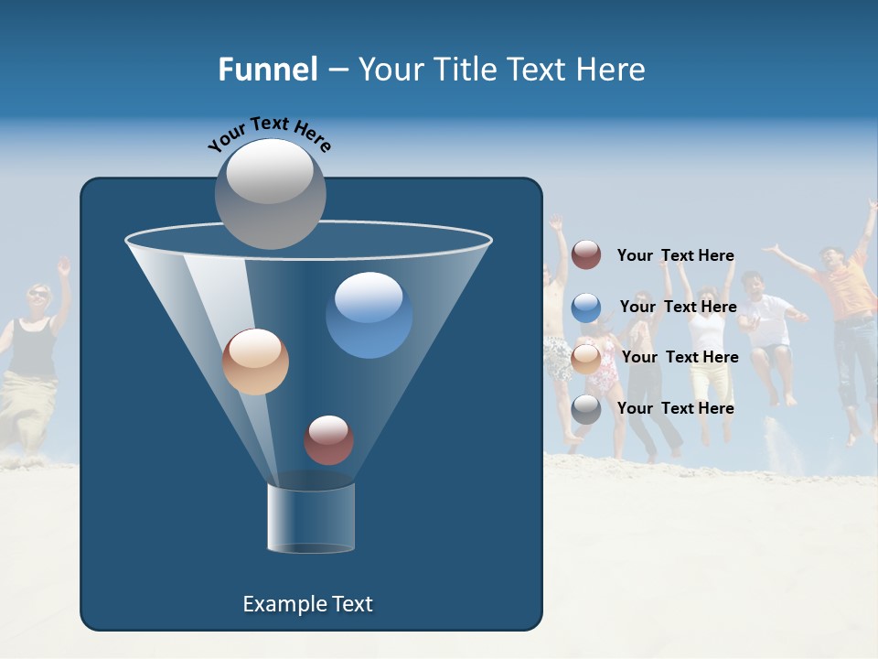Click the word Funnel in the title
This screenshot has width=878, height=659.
click(267, 70)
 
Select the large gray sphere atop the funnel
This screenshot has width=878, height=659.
click(270, 193)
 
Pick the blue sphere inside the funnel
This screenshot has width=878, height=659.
click(369, 315)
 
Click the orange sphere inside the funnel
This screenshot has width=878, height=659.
click(255, 362)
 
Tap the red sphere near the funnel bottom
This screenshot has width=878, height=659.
click(328, 439)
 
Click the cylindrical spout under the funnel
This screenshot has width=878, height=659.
click(311, 518)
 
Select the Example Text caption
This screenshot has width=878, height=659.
click(308, 604)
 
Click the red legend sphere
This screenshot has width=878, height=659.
click(586, 255)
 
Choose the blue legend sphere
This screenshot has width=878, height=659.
click(586, 308)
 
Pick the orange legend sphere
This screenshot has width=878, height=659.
click(586, 359)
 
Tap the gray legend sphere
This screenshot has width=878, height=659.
click(586, 409)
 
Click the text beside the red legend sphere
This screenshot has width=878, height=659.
click(675, 255)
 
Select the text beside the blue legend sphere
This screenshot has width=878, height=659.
click(678, 307)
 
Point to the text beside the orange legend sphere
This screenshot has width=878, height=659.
click(680, 357)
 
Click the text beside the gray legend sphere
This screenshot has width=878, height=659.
click(675, 408)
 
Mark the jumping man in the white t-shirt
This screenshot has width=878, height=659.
click(768, 329)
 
